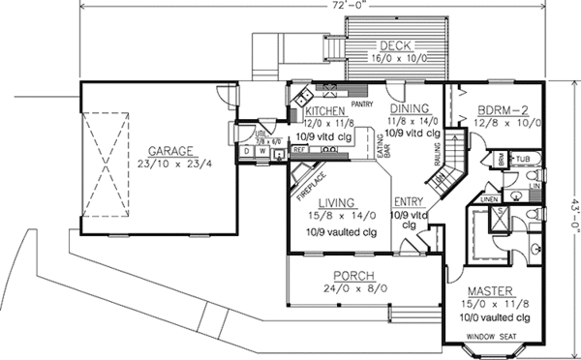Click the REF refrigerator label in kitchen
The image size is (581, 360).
coord(300,151)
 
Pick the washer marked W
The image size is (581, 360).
coord(261,151)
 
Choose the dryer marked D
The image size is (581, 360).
coord(247,151)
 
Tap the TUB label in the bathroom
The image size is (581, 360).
coord(524,157)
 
